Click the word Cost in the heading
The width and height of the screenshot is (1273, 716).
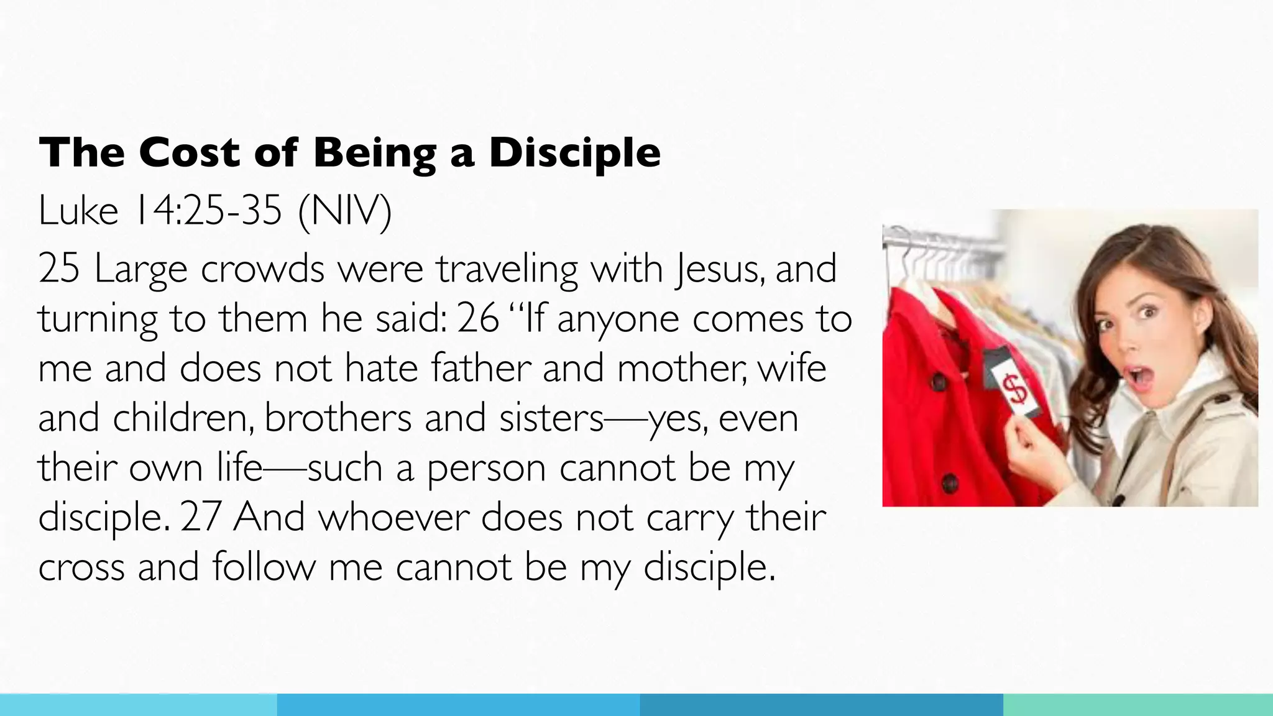click(189, 152)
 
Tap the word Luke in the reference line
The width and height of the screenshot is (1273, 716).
click(78, 211)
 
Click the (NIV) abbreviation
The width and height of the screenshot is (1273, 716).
click(345, 212)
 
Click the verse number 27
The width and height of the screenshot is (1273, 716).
click(201, 517)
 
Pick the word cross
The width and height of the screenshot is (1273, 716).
click(81, 567)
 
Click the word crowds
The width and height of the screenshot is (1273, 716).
click(262, 269)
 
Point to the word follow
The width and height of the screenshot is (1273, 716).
click(264, 567)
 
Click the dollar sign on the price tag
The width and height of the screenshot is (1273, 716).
click(1016, 391)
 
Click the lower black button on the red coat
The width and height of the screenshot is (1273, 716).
click(949, 482)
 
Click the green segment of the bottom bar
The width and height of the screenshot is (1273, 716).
click(1137, 705)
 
